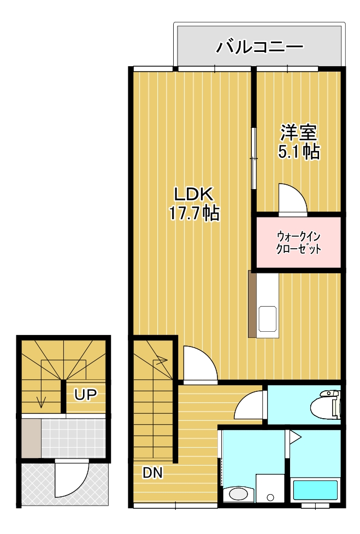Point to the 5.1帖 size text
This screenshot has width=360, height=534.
(x=299, y=152)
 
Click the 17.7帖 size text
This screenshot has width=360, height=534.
(x=194, y=213)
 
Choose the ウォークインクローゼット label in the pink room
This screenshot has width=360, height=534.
(x=298, y=243)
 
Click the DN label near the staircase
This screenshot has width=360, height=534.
(x=153, y=473)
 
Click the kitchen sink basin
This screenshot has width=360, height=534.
(x=267, y=319)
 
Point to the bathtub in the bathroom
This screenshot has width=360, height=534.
(x=316, y=489)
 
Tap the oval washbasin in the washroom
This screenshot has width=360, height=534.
(x=238, y=494)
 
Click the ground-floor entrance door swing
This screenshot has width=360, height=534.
(x=71, y=478)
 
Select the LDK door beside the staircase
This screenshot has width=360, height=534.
(x=197, y=363)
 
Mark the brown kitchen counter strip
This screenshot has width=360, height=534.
(x=252, y=304)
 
